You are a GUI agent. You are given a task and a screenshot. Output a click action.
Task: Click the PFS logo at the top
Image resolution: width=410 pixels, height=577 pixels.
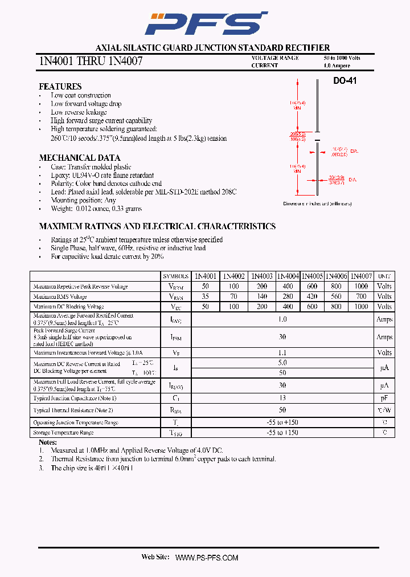click(206, 23)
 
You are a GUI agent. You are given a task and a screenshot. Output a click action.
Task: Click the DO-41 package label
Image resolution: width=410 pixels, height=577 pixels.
click(345, 82)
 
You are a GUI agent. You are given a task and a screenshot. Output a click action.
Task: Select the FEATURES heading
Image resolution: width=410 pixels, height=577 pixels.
click(60, 86)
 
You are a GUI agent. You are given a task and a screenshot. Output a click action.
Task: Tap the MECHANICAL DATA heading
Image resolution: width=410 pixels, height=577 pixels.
click(79, 157)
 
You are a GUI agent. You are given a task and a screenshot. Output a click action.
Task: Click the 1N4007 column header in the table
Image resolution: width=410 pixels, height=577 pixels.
click(361, 276)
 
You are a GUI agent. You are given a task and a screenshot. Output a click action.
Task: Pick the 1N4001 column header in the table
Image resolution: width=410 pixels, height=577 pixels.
click(206, 276)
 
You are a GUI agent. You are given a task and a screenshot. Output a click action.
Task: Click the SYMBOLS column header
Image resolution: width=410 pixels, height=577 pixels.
click(175, 276)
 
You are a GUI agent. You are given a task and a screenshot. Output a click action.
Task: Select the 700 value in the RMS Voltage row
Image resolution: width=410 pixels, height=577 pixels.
click(361, 296)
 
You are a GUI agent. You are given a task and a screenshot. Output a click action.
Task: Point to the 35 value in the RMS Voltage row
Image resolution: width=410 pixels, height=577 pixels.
click(206, 296)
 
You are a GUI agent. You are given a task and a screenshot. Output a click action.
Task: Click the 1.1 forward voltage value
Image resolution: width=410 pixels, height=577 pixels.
click(282, 353)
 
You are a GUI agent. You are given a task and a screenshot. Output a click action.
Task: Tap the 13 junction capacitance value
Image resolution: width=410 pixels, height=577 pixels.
click(282, 397)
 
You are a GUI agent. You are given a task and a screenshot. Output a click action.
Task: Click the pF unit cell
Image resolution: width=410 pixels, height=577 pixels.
click(384, 397)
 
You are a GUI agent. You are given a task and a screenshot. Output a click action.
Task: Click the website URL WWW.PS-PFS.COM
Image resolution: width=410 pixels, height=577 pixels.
click(206, 557)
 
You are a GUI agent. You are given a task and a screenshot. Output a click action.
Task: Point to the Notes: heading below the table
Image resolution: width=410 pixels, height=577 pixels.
click(48, 442)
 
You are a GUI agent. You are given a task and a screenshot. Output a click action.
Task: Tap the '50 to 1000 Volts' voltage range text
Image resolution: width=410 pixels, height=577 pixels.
click(342, 58)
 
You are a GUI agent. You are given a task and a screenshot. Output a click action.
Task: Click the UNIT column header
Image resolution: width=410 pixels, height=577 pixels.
click(384, 276)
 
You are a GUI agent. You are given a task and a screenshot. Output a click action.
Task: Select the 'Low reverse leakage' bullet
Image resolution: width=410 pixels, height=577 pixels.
click(79, 112)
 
